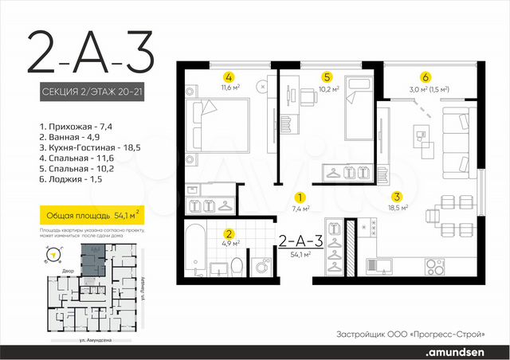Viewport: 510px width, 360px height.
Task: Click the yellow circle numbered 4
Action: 229,78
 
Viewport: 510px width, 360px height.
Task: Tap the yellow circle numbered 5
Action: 327,77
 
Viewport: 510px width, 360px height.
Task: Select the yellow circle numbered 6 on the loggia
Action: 426,77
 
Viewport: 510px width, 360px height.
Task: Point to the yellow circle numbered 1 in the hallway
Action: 300,197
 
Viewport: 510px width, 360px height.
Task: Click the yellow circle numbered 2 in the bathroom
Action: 229,234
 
